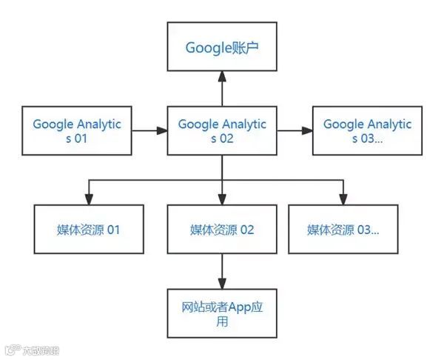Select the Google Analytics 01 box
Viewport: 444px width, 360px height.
tap(77, 131)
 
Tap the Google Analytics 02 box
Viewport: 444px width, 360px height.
tap(222, 131)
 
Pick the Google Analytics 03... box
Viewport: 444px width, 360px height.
tap(367, 131)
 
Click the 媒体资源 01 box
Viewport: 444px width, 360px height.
tap(88, 230)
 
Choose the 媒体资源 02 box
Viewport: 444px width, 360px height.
tap(222, 230)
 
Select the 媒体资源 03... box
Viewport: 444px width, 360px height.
tap(343, 230)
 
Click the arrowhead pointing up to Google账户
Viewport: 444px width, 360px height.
tap(222, 77)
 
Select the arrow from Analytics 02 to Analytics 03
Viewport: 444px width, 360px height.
tap(295, 131)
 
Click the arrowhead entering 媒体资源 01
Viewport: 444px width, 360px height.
tap(88, 199)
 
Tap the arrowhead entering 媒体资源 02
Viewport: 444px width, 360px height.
tap(222, 199)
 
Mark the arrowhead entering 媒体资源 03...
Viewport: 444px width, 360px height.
tap(343, 199)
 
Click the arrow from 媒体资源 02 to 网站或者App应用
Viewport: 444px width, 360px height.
tap(222, 270)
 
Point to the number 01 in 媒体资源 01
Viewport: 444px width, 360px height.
tap(113, 230)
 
